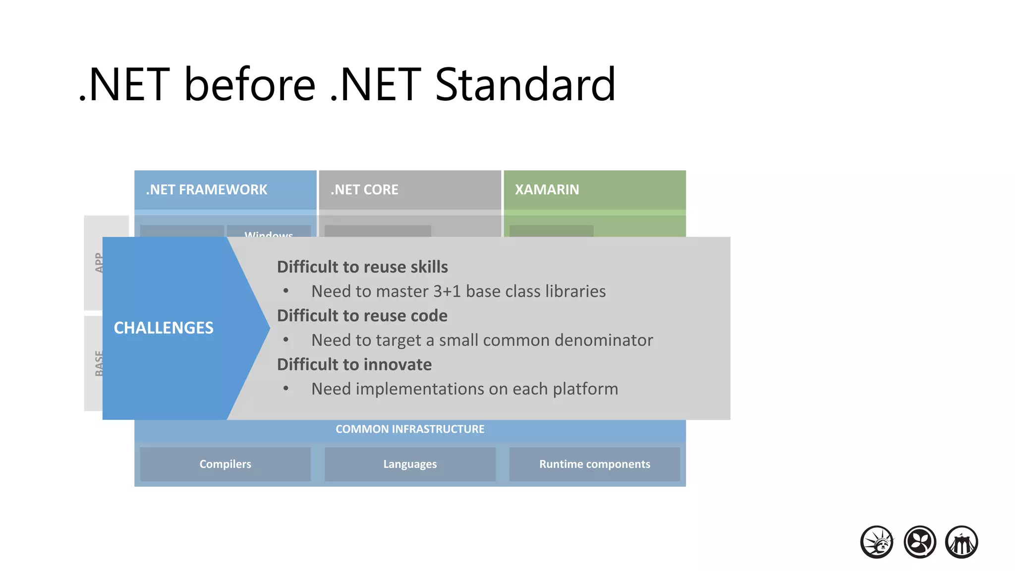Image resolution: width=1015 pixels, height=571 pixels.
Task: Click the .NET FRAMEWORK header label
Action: (206, 190)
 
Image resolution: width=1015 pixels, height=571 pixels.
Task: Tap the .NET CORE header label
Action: (364, 190)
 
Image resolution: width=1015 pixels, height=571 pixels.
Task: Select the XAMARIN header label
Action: (547, 190)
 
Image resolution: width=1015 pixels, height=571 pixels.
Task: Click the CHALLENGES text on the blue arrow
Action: (164, 328)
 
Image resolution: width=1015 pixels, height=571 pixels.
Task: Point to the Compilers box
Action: (225, 464)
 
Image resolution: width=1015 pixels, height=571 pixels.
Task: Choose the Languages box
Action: (410, 464)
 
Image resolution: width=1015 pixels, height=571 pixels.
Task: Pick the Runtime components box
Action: (594, 464)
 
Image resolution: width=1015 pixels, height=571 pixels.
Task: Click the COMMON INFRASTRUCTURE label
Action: (410, 429)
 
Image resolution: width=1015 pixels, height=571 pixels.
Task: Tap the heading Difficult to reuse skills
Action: (362, 267)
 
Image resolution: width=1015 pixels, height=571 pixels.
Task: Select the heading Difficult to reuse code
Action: (362, 316)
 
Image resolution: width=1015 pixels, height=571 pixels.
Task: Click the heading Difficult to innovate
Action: (354, 365)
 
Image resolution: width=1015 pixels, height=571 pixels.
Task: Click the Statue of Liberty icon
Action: (877, 542)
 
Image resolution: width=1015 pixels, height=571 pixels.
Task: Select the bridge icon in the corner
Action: (961, 542)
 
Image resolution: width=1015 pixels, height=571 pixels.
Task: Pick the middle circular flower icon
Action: (919, 542)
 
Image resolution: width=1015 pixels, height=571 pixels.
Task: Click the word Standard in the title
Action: (525, 85)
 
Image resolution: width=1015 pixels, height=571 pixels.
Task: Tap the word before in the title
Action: (250, 85)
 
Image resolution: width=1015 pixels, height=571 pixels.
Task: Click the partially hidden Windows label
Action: (269, 233)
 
